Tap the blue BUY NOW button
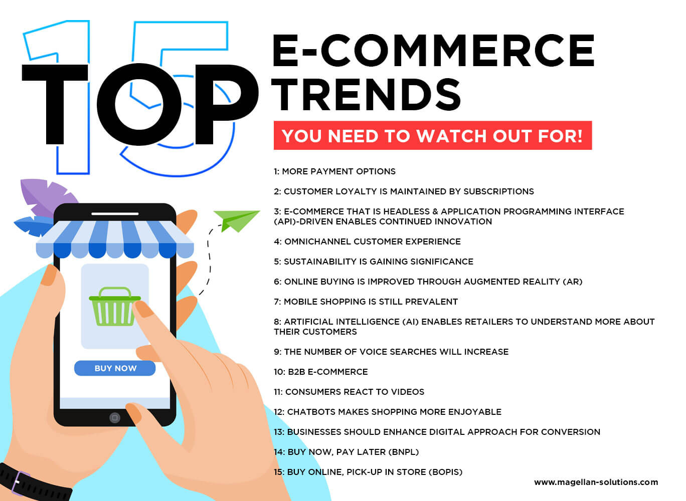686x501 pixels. [115, 368]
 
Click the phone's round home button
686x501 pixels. [115, 417]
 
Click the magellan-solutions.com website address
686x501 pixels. [596, 482]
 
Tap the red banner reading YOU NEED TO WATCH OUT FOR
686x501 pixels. [432, 136]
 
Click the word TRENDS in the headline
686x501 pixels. [367, 95]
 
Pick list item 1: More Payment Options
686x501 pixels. [334, 171]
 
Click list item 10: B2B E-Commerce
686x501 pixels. [321, 372]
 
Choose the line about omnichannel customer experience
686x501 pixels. [367, 241]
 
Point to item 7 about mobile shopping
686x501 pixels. [366, 302]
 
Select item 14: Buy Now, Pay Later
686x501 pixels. [346, 452]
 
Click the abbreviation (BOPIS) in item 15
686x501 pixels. [445, 472]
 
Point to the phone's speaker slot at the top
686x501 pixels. [115, 214]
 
